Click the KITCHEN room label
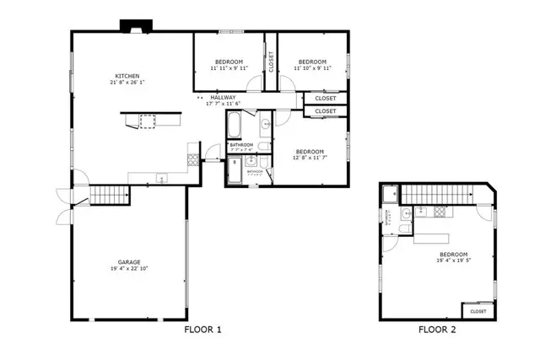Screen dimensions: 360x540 pyautogui.click(x=127, y=75)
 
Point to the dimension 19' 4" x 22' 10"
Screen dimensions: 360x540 pyautogui.click(x=129, y=268)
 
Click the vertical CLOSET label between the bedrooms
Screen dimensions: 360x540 pyautogui.click(x=271, y=62)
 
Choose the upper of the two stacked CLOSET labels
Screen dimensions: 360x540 pyautogui.click(x=325, y=99)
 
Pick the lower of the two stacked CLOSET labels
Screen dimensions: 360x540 pyautogui.click(x=325, y=111)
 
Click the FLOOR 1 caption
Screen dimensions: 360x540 pyautogui.click(x=202, y=330)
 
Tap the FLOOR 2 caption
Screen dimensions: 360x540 pyautogui.click(x=438, y=330)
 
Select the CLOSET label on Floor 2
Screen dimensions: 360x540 pyautogui.click(x=478, y=311)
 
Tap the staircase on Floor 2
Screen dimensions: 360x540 pyautogui.click(x=439, y=196)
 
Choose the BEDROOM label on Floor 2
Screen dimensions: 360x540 pyautogui.click(x=453, y=254)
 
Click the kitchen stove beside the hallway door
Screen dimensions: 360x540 pyautogui.click(x=192, y=158)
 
